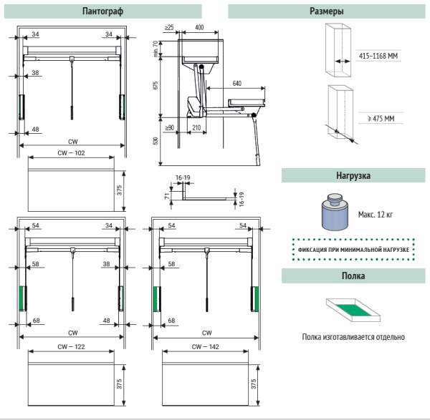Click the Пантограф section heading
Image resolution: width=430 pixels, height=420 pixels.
coord(112,11)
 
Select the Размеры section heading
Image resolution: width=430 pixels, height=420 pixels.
coord(327,11)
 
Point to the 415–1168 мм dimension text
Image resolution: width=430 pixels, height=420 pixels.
coord(378,55)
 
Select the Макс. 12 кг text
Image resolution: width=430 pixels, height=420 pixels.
coord(376,214)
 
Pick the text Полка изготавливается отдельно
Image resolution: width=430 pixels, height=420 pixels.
coord(353,336)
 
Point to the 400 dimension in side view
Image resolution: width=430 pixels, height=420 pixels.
coord(199,26)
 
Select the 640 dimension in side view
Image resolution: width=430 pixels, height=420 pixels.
coord(236,83)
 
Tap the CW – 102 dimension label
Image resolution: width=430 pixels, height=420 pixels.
coord(71,153)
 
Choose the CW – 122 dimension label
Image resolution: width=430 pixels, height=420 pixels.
coord(71,346)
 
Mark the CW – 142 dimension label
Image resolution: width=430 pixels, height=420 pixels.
coord(206,346)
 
